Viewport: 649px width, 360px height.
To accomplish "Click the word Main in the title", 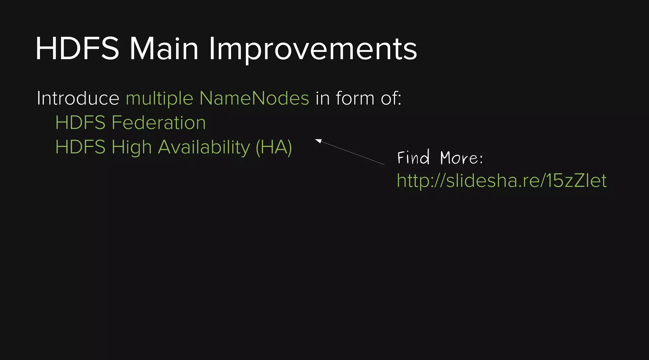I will [x=164, y=49].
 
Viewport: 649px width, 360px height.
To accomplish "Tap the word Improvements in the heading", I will [x=312, y=49].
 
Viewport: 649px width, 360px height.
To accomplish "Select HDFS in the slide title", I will [x=77, y=49].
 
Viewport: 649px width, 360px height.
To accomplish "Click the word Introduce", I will [x=78, y=98].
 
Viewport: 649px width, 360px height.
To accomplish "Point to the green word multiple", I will [x=159, y=98].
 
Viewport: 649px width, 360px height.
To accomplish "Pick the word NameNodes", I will [x=254, y=98].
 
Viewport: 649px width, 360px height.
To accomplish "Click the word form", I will [x=355, y=98].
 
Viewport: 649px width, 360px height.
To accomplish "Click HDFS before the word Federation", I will [x=80, y=123].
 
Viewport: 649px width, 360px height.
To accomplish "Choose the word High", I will [x=132, y=147].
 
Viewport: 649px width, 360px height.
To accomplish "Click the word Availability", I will [x=204, y=147].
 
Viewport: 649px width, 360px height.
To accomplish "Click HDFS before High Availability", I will [x=80, y=147].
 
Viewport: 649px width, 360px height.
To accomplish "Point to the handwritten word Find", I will [x=413, y=157].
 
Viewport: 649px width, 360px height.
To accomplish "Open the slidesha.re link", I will [x=502, y=181].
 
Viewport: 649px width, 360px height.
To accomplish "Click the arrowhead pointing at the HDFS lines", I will [x=318, y=141].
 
